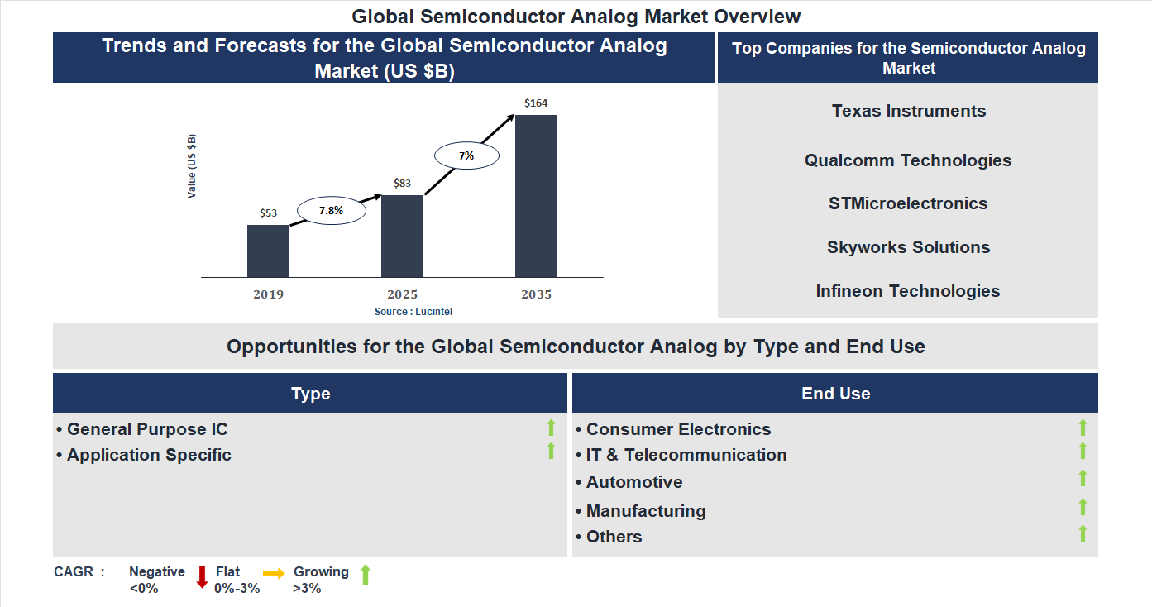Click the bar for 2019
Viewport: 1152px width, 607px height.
(x=268, y=251)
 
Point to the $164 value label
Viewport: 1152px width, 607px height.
(x=536, y=103)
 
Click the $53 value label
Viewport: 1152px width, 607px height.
(x=268, y=213)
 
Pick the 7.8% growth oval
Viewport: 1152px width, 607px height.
(x=331, y=211)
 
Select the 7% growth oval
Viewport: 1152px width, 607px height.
(x=466, y=155)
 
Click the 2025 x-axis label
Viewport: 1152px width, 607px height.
(x=402, y=294)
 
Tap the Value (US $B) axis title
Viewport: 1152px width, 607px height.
(x=192, y=166)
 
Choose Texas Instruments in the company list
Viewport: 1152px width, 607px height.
(x=909, y=111)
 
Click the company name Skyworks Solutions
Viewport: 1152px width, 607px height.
(x=908, y=247)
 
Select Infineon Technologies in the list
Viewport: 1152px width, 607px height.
(x=908, y=291)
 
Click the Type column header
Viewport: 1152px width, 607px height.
(x=310, y=394)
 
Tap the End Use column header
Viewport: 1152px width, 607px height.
(x=835, y=394)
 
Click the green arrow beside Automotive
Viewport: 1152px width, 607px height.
(x=1083, y=478)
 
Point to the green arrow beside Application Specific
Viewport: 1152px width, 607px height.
(x=551, y=452)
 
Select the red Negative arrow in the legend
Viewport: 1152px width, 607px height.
(x=202, y=576)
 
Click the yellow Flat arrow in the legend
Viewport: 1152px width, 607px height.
(x=274, y=573)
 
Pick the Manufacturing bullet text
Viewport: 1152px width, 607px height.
(x=646, y=511)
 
